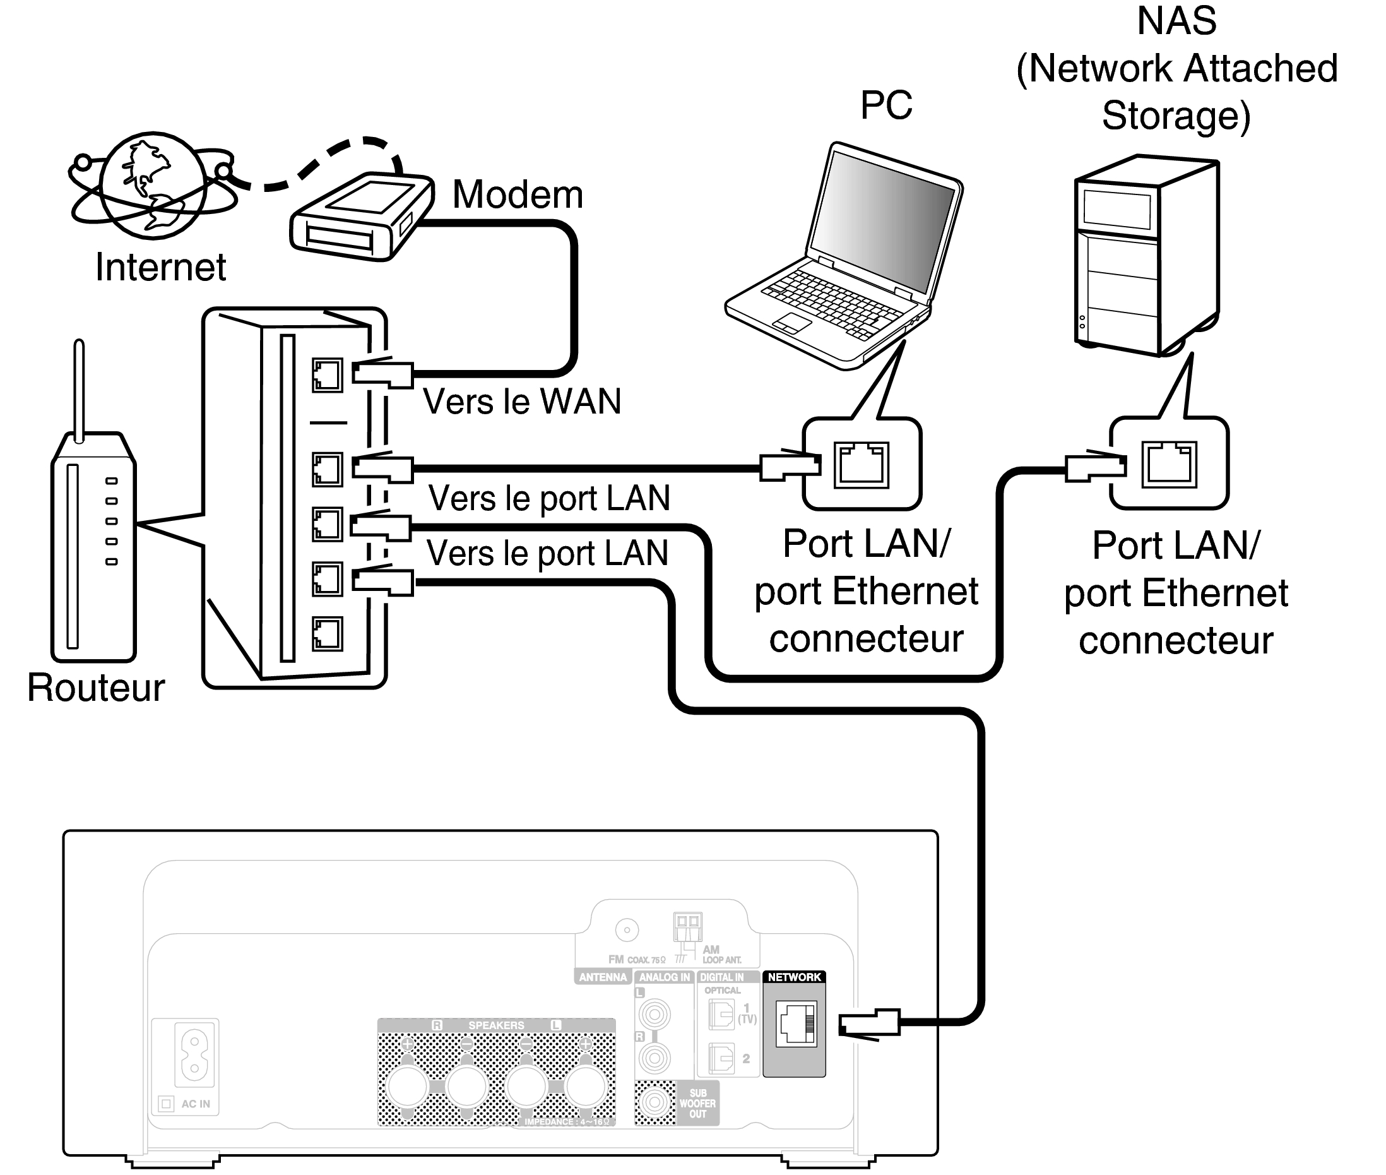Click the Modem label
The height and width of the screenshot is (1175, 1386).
518,194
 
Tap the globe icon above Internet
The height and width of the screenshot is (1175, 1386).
153,185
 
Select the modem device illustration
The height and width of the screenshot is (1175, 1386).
360,217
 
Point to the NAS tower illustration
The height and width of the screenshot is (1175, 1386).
1146,256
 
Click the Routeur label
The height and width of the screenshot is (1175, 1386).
96,688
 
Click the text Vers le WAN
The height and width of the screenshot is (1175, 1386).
522,402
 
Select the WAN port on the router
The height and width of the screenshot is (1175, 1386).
327,375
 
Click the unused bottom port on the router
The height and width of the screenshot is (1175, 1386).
327,633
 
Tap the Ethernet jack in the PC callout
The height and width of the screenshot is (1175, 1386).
862,464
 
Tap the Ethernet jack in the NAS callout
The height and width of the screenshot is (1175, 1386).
1169,464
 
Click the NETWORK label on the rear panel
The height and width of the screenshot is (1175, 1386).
793,977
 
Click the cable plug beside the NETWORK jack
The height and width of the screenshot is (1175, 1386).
868,1023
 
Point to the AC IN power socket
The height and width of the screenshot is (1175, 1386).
194,1056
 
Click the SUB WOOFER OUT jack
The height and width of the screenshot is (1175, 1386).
655,1102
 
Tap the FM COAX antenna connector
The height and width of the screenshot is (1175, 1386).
627,930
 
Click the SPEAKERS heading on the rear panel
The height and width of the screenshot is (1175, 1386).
496,1025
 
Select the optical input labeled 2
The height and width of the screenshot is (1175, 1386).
721,1058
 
